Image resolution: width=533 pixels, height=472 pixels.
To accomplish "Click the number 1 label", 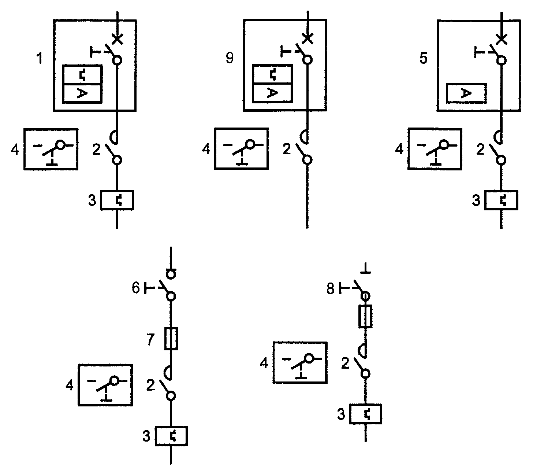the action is pyautogui.click(x=40, y=58).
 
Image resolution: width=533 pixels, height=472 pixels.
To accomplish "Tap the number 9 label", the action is pyautogui.click(x=230, y=58).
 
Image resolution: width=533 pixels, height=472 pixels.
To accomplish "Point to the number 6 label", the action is pyautogui.click(x=135, y=288).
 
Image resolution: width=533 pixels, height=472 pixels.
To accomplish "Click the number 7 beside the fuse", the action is pyautogui.click(x=150, y=339).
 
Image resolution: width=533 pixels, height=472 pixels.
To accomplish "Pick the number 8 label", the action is pyautogui.click(x=330, y=289).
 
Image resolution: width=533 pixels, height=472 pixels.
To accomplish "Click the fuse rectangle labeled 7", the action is pyautogui.click(x=171, y=339).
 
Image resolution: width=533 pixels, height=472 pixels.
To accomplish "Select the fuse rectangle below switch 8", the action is pyautogui.click(x=365, y=316).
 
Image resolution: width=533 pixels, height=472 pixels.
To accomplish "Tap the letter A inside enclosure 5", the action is pyautogui.click(x=466, y=93).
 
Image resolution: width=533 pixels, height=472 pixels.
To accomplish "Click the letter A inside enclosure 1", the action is pyautogui.click(x=82, y=93).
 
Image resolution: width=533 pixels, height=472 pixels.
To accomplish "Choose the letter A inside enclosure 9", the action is pyautogui.click(x=272, y=93).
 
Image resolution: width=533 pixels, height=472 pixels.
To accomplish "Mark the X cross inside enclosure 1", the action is pyautogui.click(x=118, y=39).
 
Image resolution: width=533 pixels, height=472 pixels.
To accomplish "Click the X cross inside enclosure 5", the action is pyautogui.click(x=502, y=39).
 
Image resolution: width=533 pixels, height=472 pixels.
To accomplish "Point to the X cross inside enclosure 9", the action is pyautogui.click(x=307, y=38).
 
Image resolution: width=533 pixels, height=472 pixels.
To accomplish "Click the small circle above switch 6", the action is pyautogui.click(x=171, y=274).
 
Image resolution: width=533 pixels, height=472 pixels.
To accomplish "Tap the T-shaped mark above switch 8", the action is pyautogui.click(x=365, y=268).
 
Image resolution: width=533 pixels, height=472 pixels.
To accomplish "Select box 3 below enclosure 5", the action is pyautogui.click(x=501, y=200).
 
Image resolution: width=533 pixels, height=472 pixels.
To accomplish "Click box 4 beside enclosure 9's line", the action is pyautogui.click(x=241, y=149).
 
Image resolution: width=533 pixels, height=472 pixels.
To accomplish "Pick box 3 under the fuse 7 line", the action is pyautogui.click(x=171, y=436).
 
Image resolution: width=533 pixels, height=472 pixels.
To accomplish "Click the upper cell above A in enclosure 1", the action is pyautogui.click(x=82, y=74).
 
